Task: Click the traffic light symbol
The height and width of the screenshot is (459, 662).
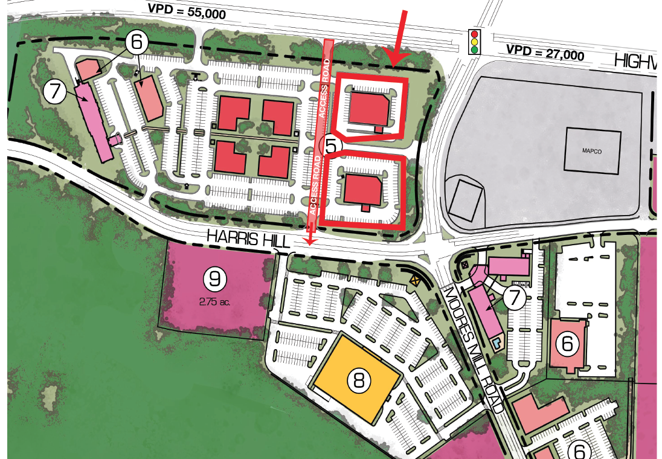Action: click(475, 42)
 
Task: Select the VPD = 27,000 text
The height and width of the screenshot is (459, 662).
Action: click(545, 53)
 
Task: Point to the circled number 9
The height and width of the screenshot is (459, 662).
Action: click(214, 278)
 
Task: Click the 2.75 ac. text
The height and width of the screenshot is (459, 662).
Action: click(214, 300)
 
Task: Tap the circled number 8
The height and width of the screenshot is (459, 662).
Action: click(359, 380)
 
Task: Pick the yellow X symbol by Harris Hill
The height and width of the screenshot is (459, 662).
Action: click(415, 280)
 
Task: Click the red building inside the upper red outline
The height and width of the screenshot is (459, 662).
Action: click(370, 109)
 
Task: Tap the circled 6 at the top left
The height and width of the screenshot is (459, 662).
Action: click(137, 42)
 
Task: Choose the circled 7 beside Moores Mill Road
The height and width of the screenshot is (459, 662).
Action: click(515, 298)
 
